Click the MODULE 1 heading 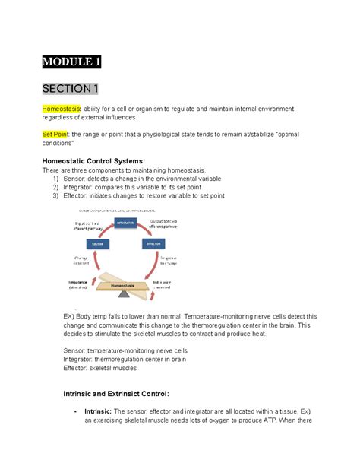coord(72,62)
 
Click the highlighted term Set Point coord(56,134)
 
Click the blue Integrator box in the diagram coord(125,222)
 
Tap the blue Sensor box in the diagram coord(96,243)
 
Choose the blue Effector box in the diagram coord(153,243)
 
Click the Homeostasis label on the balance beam coord(125,285)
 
